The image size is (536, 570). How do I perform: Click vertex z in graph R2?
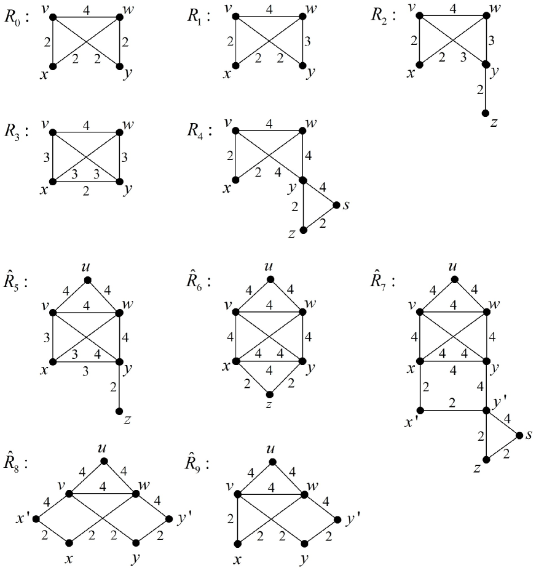click(x=486, y=114)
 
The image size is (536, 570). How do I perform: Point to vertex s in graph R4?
click(x=336, y=205)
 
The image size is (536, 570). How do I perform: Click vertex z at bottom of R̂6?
click(x=269, y=395)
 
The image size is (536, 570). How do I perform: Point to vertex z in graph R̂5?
click(x=119, y=411)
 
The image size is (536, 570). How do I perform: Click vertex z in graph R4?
click(x=302, y=230)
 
